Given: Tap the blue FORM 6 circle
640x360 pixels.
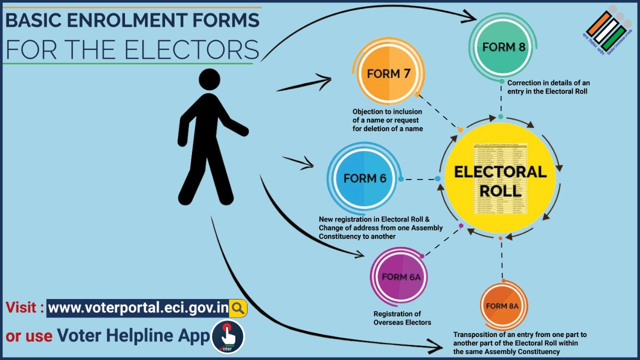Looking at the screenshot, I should pos(364,178).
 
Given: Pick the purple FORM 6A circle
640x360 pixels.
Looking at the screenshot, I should pos(400,276).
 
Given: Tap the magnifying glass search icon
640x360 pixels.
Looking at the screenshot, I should pos(238,308).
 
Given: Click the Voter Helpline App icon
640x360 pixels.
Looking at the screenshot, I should pos(228,336).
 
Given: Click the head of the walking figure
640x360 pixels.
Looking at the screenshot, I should pos(209,80).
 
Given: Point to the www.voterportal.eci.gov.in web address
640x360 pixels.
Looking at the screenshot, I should pos(138,308).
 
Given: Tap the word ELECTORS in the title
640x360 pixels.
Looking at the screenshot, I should pos(191,49).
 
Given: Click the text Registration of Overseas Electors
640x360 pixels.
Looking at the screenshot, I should pos(402,318).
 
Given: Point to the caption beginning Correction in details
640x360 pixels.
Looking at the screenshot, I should pos(548,87).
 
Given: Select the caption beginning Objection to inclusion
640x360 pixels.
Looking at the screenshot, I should pos(387,120).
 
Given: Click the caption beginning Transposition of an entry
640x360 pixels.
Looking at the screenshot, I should pos(519,342).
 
